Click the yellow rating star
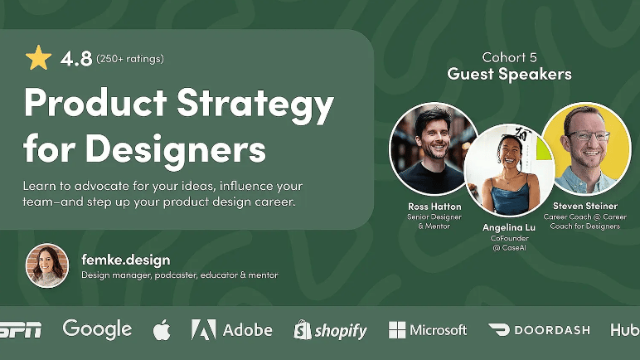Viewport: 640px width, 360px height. point(38,58)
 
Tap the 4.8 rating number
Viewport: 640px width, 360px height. point(76,59)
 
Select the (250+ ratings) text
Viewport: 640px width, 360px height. point(130,59)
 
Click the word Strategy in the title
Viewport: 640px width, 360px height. point(255,105)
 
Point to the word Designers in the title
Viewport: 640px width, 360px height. point(176,149)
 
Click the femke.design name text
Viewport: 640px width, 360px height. point(126,260)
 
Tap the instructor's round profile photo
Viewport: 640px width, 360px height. point(47,265)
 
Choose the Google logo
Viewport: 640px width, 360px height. point(97,329)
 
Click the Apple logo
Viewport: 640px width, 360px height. point(162,330)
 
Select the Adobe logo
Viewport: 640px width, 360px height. point(232,330)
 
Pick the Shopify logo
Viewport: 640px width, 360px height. point(330,330)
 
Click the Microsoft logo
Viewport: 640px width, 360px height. point(428,330)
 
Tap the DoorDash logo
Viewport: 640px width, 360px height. point(539,330)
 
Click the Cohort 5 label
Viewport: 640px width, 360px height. point(509,57)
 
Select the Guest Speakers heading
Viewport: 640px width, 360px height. point(509,75)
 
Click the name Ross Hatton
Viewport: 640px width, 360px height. point(434,207)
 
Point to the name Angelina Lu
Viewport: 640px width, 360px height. point(509,227)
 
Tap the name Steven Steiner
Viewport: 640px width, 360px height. point(585,206)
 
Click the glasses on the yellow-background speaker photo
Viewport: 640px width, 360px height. point(588,136)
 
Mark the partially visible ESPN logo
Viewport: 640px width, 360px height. point(21,330)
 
